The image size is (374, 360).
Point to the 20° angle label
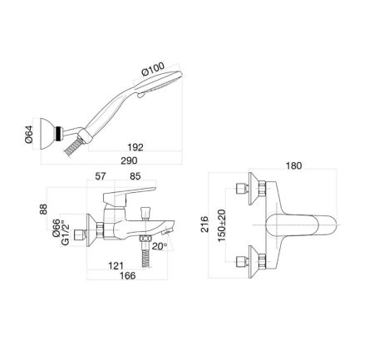pos(160,246)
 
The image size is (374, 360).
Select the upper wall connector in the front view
pos(251,190)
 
